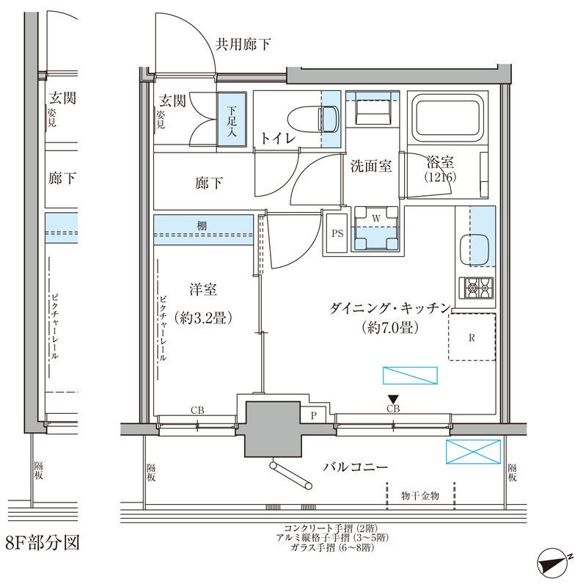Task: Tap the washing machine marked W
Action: (x=375, y=227)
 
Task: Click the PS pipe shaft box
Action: (x=337, y=234)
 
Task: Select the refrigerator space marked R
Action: (x=473, y=337)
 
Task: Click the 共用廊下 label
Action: (x=242, y=45)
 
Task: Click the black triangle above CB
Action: (x=392, y=398)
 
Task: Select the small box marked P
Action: (x=314, y=415)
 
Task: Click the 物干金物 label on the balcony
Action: (x=420, y=497)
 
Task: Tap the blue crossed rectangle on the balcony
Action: (x=473, y=452)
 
